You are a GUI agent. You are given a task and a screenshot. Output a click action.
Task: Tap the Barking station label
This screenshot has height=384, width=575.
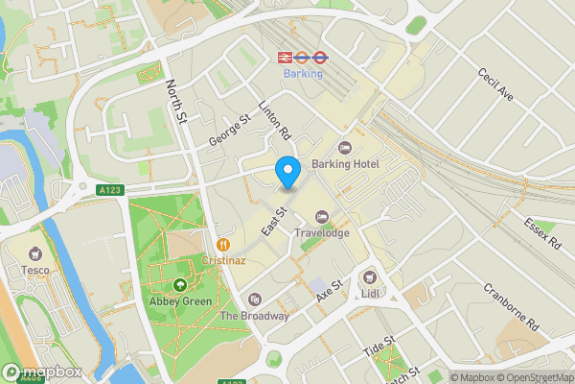click(302, 73)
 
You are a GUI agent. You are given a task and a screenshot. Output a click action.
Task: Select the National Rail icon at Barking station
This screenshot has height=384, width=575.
click(285, 57)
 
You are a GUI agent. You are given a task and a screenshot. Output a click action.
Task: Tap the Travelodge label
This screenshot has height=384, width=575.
click(321, 232)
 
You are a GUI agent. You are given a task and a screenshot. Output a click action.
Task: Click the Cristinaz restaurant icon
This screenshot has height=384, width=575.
click(222, 244)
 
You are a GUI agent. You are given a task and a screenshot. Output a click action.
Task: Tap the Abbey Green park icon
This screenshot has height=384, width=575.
click(180, 285)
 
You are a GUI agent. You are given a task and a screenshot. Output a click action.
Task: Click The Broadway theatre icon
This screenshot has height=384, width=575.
click(254, 300)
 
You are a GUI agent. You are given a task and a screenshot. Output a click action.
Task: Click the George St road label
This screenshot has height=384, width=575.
click(230, 131)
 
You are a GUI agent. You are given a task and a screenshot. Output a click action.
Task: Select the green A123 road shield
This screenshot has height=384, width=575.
click(109, 191)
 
